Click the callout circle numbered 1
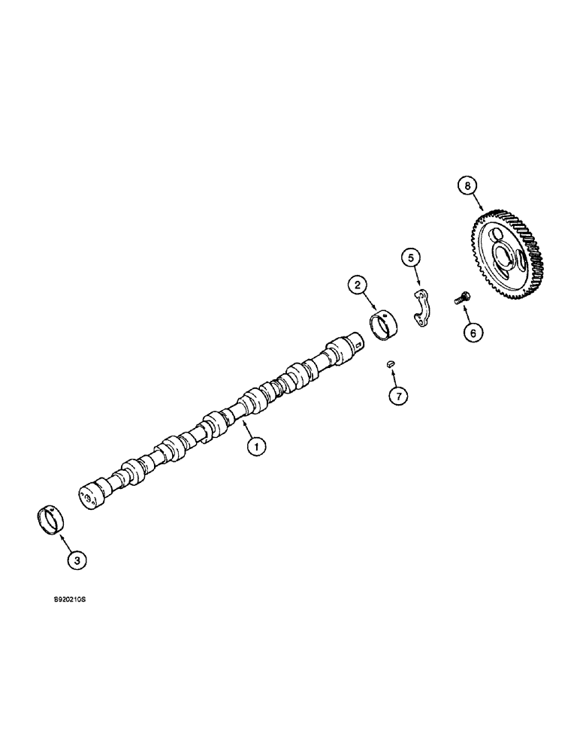point(257,447)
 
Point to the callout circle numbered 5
point(409,258)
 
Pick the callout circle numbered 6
point(471,331)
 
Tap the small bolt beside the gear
point(460,298)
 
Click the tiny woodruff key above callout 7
point(391,364)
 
